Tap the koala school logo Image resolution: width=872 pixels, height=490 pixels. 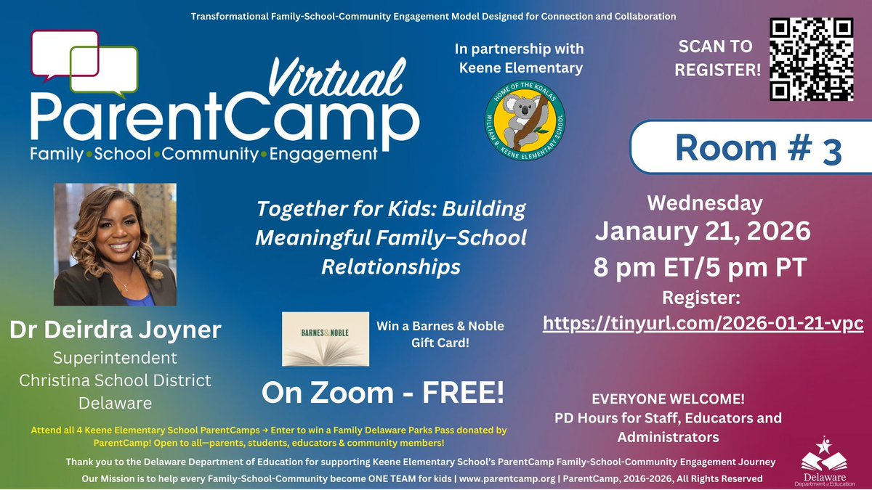[525, 115]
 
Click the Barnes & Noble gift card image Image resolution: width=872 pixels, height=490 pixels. [326, 339]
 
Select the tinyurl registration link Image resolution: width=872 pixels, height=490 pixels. [703, 323]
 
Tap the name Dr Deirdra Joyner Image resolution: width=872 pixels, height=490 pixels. [115, 330]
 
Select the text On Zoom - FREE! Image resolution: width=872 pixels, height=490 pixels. [382, 393]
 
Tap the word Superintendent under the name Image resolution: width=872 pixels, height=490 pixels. [115, 359]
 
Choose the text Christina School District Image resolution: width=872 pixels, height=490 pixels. [115, 380]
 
